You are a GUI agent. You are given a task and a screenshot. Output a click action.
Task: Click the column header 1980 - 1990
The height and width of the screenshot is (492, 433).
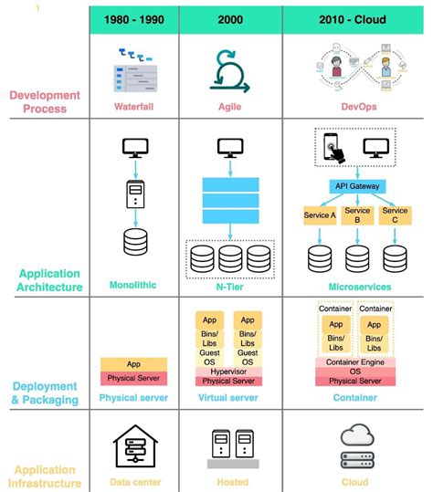(x=136, y=20)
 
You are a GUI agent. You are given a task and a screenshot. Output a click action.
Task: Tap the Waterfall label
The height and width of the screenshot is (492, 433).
(x=135, y=106)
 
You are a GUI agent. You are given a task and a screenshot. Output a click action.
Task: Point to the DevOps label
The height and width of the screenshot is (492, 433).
(x=355, y=106)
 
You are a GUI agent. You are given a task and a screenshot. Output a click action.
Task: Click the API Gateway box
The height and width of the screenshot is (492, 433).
(x=355, y=186)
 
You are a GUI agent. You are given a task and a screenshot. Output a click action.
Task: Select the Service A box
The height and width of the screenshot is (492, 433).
(x=320, y=215)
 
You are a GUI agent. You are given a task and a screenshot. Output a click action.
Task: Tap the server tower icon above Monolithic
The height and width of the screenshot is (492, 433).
(x=136, y=194)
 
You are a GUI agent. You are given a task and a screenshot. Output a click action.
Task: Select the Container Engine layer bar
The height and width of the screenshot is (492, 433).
(x=355, y=361)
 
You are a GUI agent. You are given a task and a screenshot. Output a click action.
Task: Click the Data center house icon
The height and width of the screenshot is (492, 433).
(x=136, y=447)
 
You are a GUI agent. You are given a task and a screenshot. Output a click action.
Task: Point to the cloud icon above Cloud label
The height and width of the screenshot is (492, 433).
(x=355, y=435)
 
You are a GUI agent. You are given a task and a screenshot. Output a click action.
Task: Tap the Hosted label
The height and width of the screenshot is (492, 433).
(x=231, y=482)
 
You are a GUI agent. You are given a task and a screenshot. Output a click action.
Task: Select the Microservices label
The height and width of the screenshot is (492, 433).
(x=355, y=286)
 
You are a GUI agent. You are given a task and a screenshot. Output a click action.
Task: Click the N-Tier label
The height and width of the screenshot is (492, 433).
(x=231, y=286)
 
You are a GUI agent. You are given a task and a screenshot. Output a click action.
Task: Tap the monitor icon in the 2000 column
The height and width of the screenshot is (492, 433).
(x=231, y=147)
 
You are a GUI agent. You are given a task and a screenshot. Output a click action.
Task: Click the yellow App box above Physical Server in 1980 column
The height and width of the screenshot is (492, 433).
(x=134, y=362)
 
